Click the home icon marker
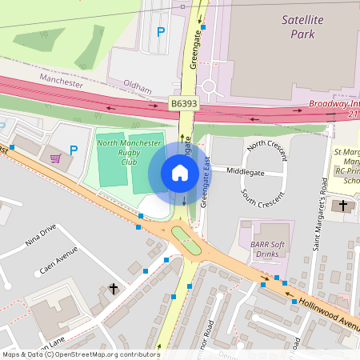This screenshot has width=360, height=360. click(x=179, y=172)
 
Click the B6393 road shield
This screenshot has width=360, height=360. click(x=183, y=104)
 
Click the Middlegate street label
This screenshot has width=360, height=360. click(x=244, y=170)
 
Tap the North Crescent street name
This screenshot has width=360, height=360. click(x=266, y=148)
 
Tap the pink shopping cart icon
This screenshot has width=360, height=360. click(x=55, y=158)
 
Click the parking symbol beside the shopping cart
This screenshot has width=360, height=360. click(x=74, y=150)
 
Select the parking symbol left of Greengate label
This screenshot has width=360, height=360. click(x=161, y=32)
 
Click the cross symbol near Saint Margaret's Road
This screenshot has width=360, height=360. click(x=344, y=206)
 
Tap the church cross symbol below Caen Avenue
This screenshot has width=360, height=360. click(x=114, y=288)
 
